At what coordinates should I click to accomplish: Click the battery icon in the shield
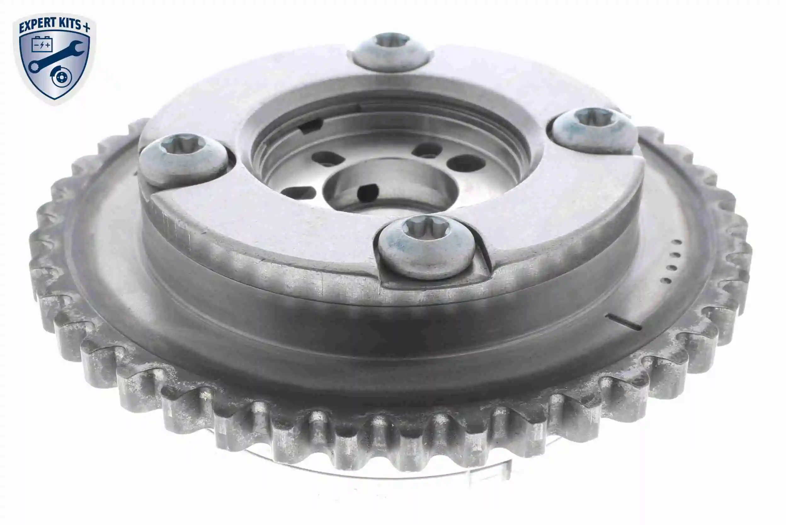pos(42,44)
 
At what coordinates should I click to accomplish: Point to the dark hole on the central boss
pos(367,193)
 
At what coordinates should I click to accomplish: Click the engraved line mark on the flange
pos(623,322)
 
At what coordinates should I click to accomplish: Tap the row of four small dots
pos(672,261)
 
